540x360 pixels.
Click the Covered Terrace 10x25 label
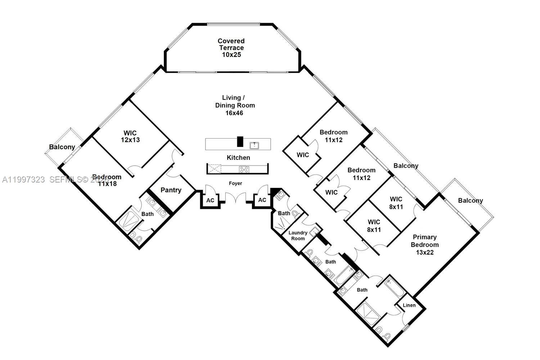tap(231, 48)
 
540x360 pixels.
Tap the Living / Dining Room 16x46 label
tap(235, 105)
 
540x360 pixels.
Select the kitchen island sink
tap(255, 145)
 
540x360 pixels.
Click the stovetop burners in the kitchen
tap(244, 169)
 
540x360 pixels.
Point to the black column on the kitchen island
tap(240, 141)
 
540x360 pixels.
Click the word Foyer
tap(235, 183)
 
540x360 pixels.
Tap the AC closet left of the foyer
tap(210, 200)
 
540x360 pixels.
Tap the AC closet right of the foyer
tap(262, 200)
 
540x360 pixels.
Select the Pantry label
tap(171, 190)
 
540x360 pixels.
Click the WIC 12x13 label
tap(130, 136)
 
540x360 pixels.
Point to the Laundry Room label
tap(298, 235)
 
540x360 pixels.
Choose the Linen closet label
tap(409, 305)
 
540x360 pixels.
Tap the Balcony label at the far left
tap(62, 147)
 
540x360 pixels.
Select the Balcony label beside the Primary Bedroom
tap(470, 201)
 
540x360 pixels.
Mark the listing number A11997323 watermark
tap(24, 180)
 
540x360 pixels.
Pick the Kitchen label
tap(238, 158)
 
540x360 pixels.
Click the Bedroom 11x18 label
tap(107, 180)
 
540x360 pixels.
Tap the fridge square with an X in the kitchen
tap(215, 169)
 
